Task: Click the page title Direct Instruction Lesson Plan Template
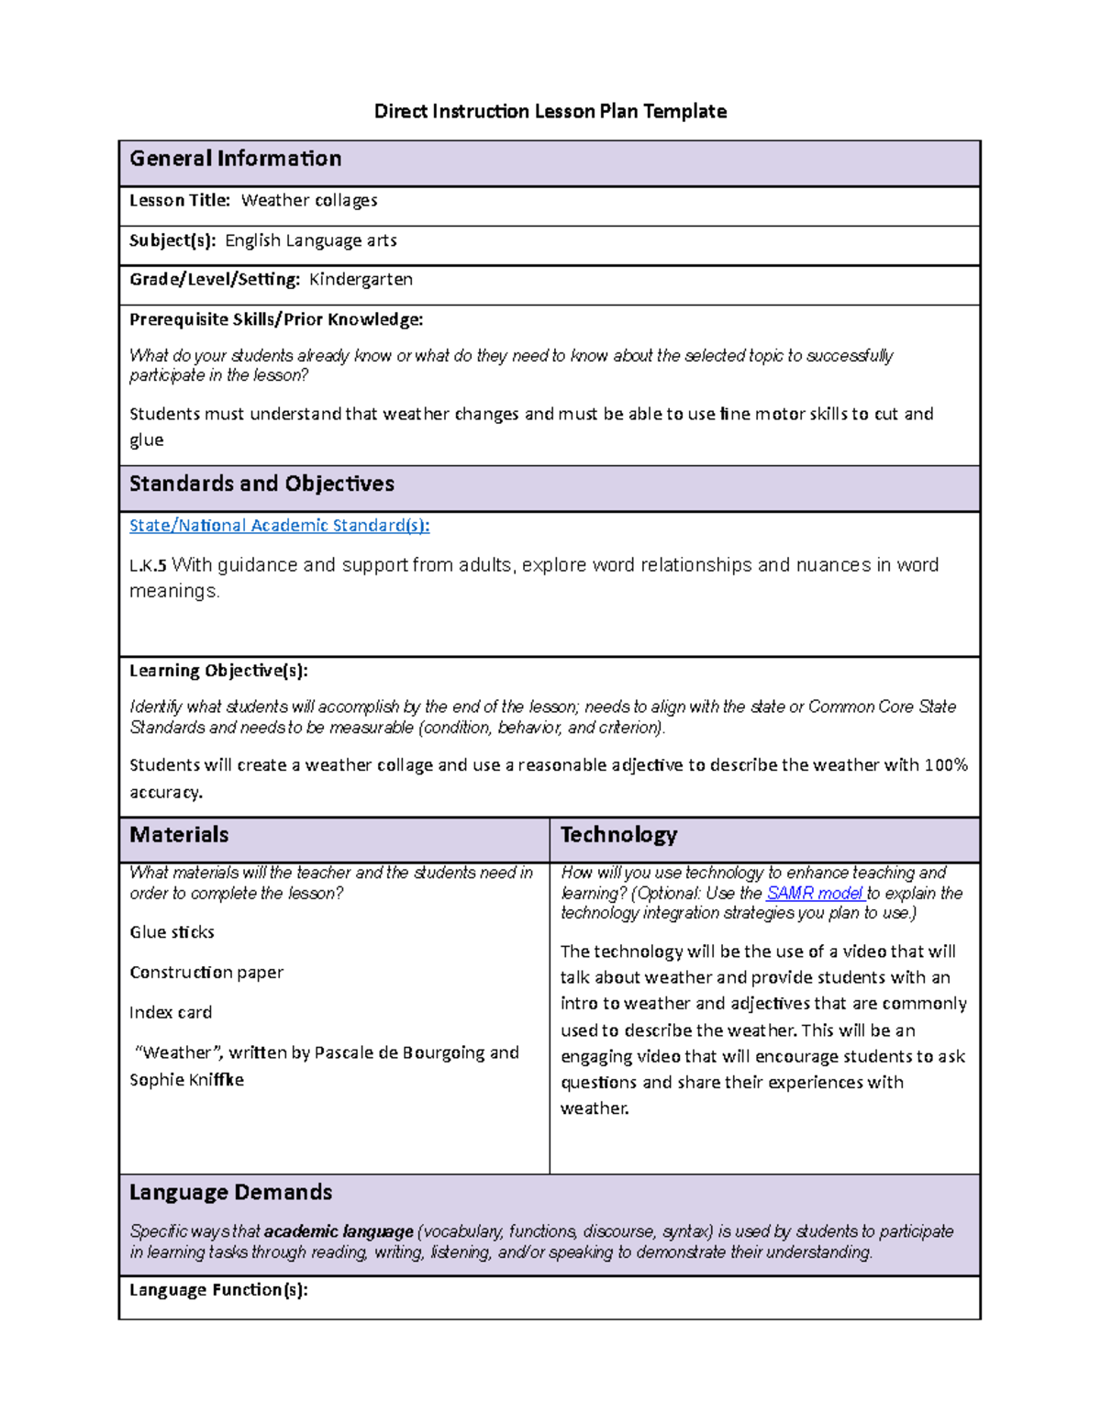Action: tap(550, 112)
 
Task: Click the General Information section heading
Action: tap(235, 159)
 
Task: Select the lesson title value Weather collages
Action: tap(309, 200)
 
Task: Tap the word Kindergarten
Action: tap(361, 279)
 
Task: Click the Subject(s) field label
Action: tap(172, 240)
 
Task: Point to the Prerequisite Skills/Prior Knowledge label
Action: tap(276, 319)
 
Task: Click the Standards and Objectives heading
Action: tap(261, 484)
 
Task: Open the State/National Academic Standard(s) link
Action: tap(279, 525)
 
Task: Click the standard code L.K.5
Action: tap(148, 565)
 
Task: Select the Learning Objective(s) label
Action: tap(218, 670)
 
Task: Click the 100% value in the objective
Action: tap(946, 765)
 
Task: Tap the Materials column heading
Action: tap(179, 835)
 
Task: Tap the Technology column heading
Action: tap(618, 835)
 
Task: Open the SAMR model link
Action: tap(814, 893)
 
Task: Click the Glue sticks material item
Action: tap(172, 932)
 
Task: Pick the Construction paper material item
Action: tap(206, 973)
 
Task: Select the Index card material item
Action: tap(171, 1013)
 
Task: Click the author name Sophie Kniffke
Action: tap(186, 1080)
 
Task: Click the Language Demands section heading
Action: tap(230, 1193)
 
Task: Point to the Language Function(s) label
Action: tap(218, 1290)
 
